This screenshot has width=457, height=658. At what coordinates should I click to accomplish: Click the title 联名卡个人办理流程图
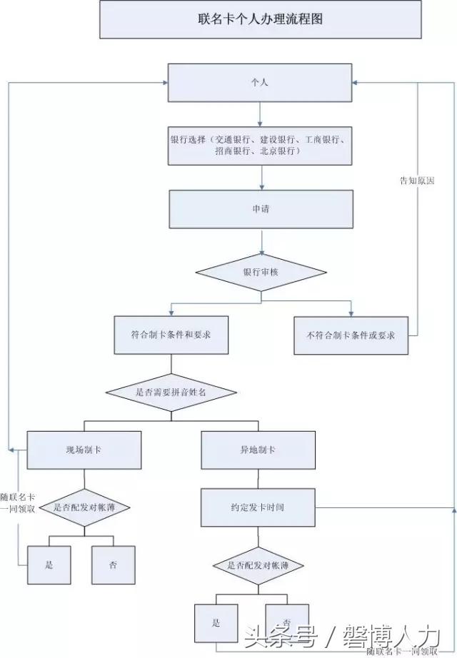(x=261, y=19)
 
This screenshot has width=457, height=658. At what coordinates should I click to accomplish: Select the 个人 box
(x=261, y=83)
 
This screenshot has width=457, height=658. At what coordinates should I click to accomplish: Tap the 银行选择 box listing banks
(x=261, y=146)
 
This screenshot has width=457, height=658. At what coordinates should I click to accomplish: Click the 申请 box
(x=261, y=209)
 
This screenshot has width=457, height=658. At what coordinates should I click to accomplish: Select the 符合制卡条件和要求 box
(x=171, y=335)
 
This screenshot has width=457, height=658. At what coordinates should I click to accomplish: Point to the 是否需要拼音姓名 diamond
(x=171, y=393)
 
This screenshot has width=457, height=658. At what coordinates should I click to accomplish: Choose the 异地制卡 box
(x=258, y=450)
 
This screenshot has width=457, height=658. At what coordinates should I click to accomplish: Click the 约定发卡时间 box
(x=258, y=507)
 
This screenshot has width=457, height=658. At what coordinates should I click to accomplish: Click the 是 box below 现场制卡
(x=49, y=565)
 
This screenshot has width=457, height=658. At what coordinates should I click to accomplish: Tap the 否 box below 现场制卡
(x=114, y=565)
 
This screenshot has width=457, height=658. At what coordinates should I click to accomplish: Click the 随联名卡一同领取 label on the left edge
(x=18, y=502)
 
